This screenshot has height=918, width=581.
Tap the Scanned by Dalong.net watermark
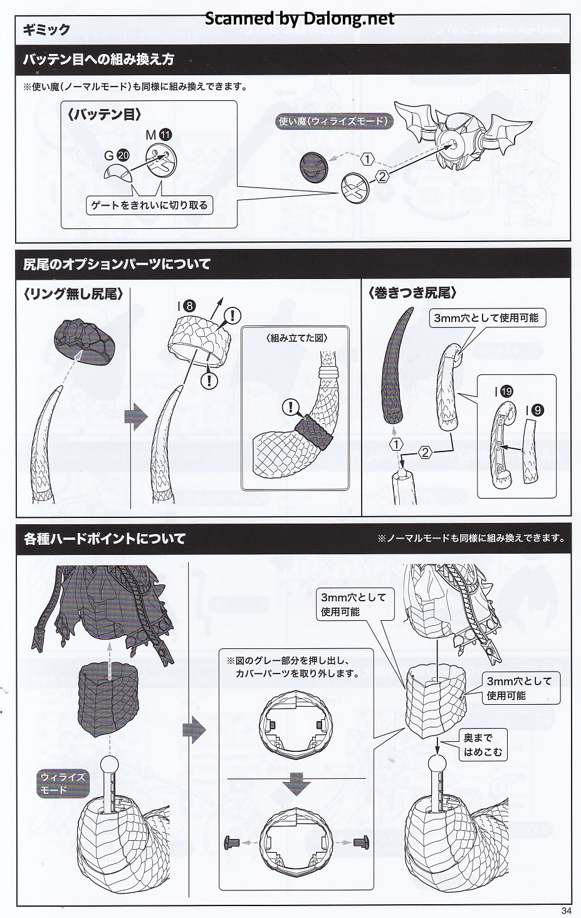300,19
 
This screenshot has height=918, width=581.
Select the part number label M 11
158,134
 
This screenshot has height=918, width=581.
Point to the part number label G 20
117,156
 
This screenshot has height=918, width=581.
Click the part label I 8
186,306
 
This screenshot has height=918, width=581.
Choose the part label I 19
503,391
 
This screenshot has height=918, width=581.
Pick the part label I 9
533,410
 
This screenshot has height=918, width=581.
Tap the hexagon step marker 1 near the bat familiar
367,159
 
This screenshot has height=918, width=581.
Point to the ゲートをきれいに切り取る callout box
149,205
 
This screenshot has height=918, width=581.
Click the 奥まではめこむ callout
483,744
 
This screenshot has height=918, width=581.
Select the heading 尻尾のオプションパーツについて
117,264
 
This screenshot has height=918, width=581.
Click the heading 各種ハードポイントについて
105,538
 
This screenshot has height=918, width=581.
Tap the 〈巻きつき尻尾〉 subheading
412,293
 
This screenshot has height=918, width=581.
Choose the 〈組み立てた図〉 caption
296,337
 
